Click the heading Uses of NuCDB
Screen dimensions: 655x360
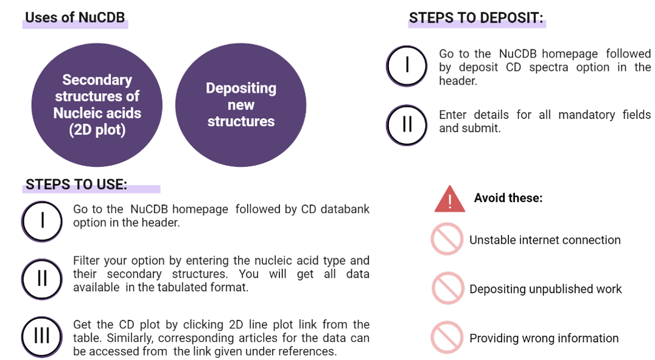click(75, 18)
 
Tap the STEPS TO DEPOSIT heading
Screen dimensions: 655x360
click(476, 18)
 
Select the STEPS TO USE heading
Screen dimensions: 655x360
click(77, 185)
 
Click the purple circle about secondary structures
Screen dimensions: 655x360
click(97, 105)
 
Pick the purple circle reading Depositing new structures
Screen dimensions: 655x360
click(240, 105)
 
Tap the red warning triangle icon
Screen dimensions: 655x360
click(449, 199)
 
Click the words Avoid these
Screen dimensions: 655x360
click(508, 198)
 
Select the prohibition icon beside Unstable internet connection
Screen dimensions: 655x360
click(447, 239)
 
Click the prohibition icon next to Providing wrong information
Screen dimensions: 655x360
click(447, 337)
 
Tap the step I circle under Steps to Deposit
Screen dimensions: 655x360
click(407, 66)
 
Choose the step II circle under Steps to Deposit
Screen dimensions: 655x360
click(407, 125)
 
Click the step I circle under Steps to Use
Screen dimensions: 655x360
click(42, 222)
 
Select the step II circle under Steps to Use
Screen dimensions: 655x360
click(42, 280)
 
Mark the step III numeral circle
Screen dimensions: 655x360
click(42, 337)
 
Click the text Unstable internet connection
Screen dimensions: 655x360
click(545, 240)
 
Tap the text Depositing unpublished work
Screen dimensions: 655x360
click(545, 289)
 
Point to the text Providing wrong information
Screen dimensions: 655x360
click(544, 338)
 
